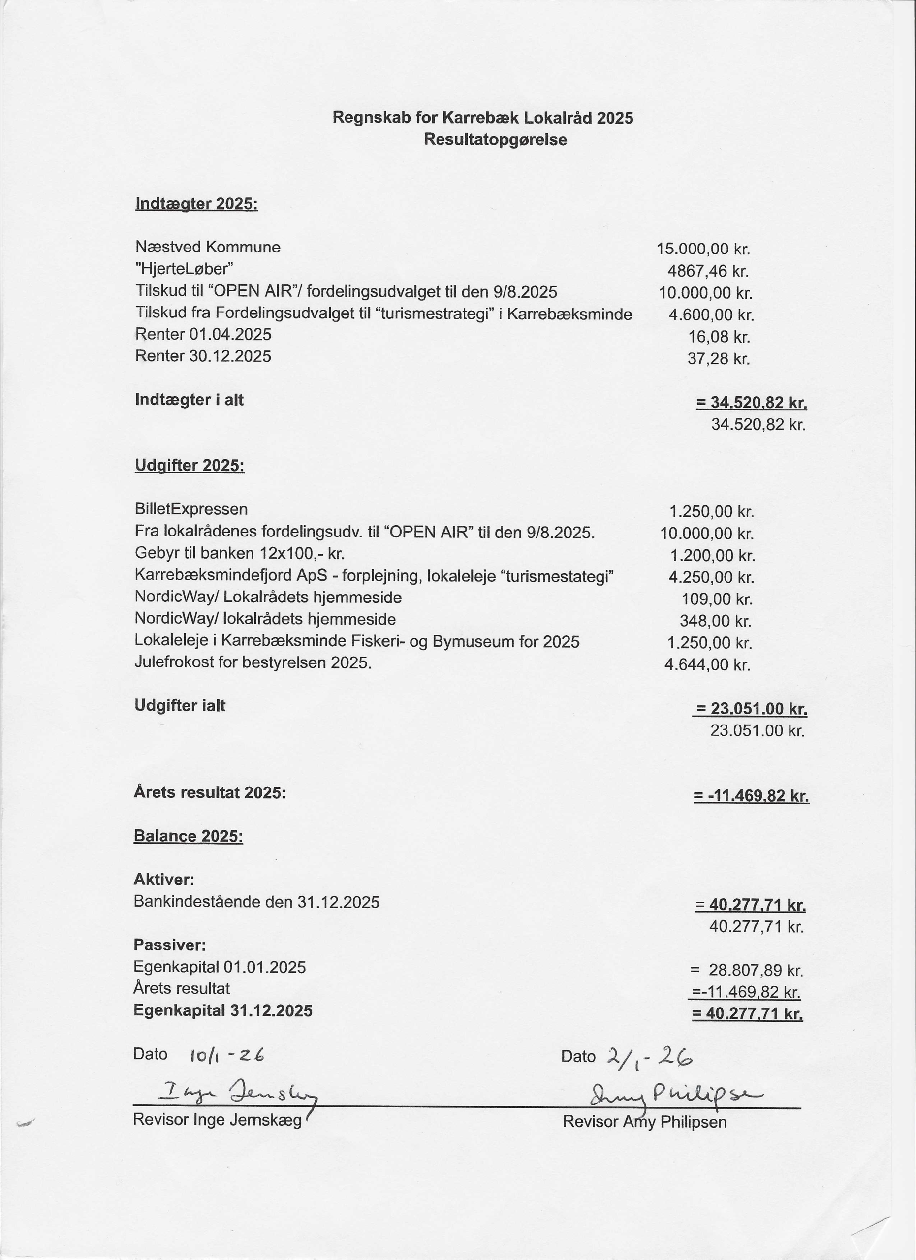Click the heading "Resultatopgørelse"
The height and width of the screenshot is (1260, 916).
tap(495, 139)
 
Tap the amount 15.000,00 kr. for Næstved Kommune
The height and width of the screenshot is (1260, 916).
tap(703, 249)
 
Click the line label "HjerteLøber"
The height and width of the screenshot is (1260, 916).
tap(184, 269)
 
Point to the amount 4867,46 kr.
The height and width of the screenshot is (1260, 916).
tap(708, 271)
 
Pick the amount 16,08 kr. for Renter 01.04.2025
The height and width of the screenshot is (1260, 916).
tap(719, 337)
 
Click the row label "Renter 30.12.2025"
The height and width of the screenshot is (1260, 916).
tap(203, 356)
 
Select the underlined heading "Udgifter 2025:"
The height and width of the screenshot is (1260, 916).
tap(190, 465)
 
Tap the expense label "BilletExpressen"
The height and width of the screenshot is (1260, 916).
tap(191, 509)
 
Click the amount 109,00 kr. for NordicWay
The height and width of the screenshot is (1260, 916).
tap(717, 599)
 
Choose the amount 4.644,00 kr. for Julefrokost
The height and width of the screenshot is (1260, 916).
tap(707, 664)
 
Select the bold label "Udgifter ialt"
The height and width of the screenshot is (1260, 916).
tap(180, 706)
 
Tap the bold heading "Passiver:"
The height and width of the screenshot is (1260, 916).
tap(169, 945)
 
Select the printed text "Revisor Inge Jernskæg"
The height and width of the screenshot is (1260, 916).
tap(217, 1119)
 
